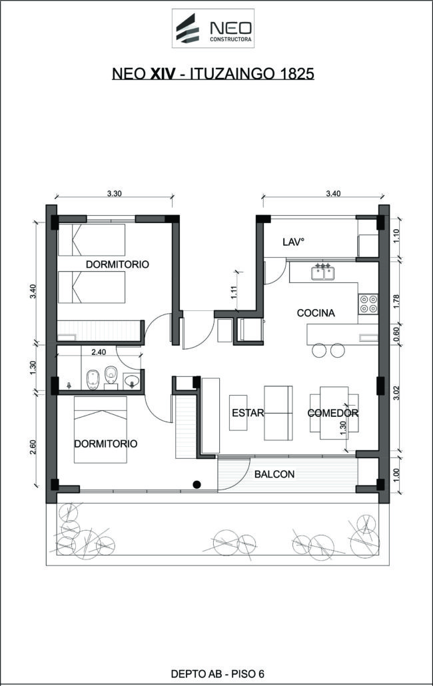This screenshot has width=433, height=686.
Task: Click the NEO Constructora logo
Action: [213, 29]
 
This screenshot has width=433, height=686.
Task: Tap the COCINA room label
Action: [316, 313]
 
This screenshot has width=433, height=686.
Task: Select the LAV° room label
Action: [293, 242]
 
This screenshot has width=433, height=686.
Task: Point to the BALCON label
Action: [274, 474]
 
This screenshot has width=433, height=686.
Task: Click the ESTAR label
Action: [248, 412]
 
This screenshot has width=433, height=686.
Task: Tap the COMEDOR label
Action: [333, 413]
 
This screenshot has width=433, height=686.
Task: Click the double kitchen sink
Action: [323, 272]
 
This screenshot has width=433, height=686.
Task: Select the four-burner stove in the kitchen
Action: [368, 304]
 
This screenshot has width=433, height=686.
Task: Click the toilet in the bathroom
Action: [111, 376]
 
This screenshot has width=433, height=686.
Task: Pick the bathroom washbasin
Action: [132, 381]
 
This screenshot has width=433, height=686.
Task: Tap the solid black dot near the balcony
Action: [197, 484]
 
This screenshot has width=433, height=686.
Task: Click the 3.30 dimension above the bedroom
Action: [114, 194]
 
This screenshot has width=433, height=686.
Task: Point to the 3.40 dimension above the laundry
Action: [333, 194]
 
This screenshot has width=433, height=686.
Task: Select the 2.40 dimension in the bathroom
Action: [99, 352]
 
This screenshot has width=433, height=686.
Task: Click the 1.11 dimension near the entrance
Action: [234, 292]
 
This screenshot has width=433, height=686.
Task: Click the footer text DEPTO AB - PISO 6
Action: [217, 674]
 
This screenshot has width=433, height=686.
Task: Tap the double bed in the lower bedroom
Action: [101, 429]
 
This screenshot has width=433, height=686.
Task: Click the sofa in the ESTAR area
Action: [278, 412]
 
